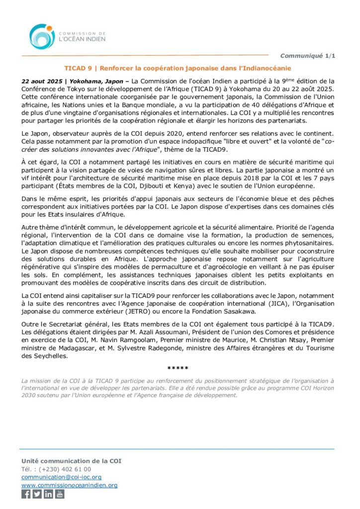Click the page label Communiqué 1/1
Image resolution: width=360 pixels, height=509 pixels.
[x=308, y=56]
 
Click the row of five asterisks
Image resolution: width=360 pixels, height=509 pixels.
[x=178, y=368]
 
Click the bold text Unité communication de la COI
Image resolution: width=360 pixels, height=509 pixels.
[x=71, y=461]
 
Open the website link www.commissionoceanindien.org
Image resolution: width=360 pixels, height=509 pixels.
[x=69, y=485]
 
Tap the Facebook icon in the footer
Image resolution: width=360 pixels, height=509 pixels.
[x=26, y=494]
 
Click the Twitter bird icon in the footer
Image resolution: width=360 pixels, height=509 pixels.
[x=37, y=494]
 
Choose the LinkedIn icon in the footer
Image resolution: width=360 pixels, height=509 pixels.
[x=48, y=494]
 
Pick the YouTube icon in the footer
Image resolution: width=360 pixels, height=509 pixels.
[x=60, y=494]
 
